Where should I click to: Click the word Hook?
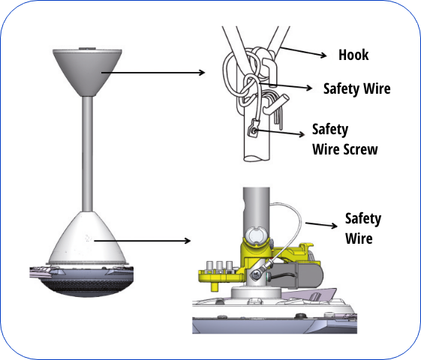click(353, 55)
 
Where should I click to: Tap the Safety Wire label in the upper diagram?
click(357, 88)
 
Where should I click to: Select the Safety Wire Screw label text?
click(344, 139)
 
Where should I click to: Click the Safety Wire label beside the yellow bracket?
click(362, 228)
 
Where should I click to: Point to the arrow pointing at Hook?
click(305, 53)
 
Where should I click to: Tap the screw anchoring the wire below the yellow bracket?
click(257, 275)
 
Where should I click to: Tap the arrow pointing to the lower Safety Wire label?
click(322, 223)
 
